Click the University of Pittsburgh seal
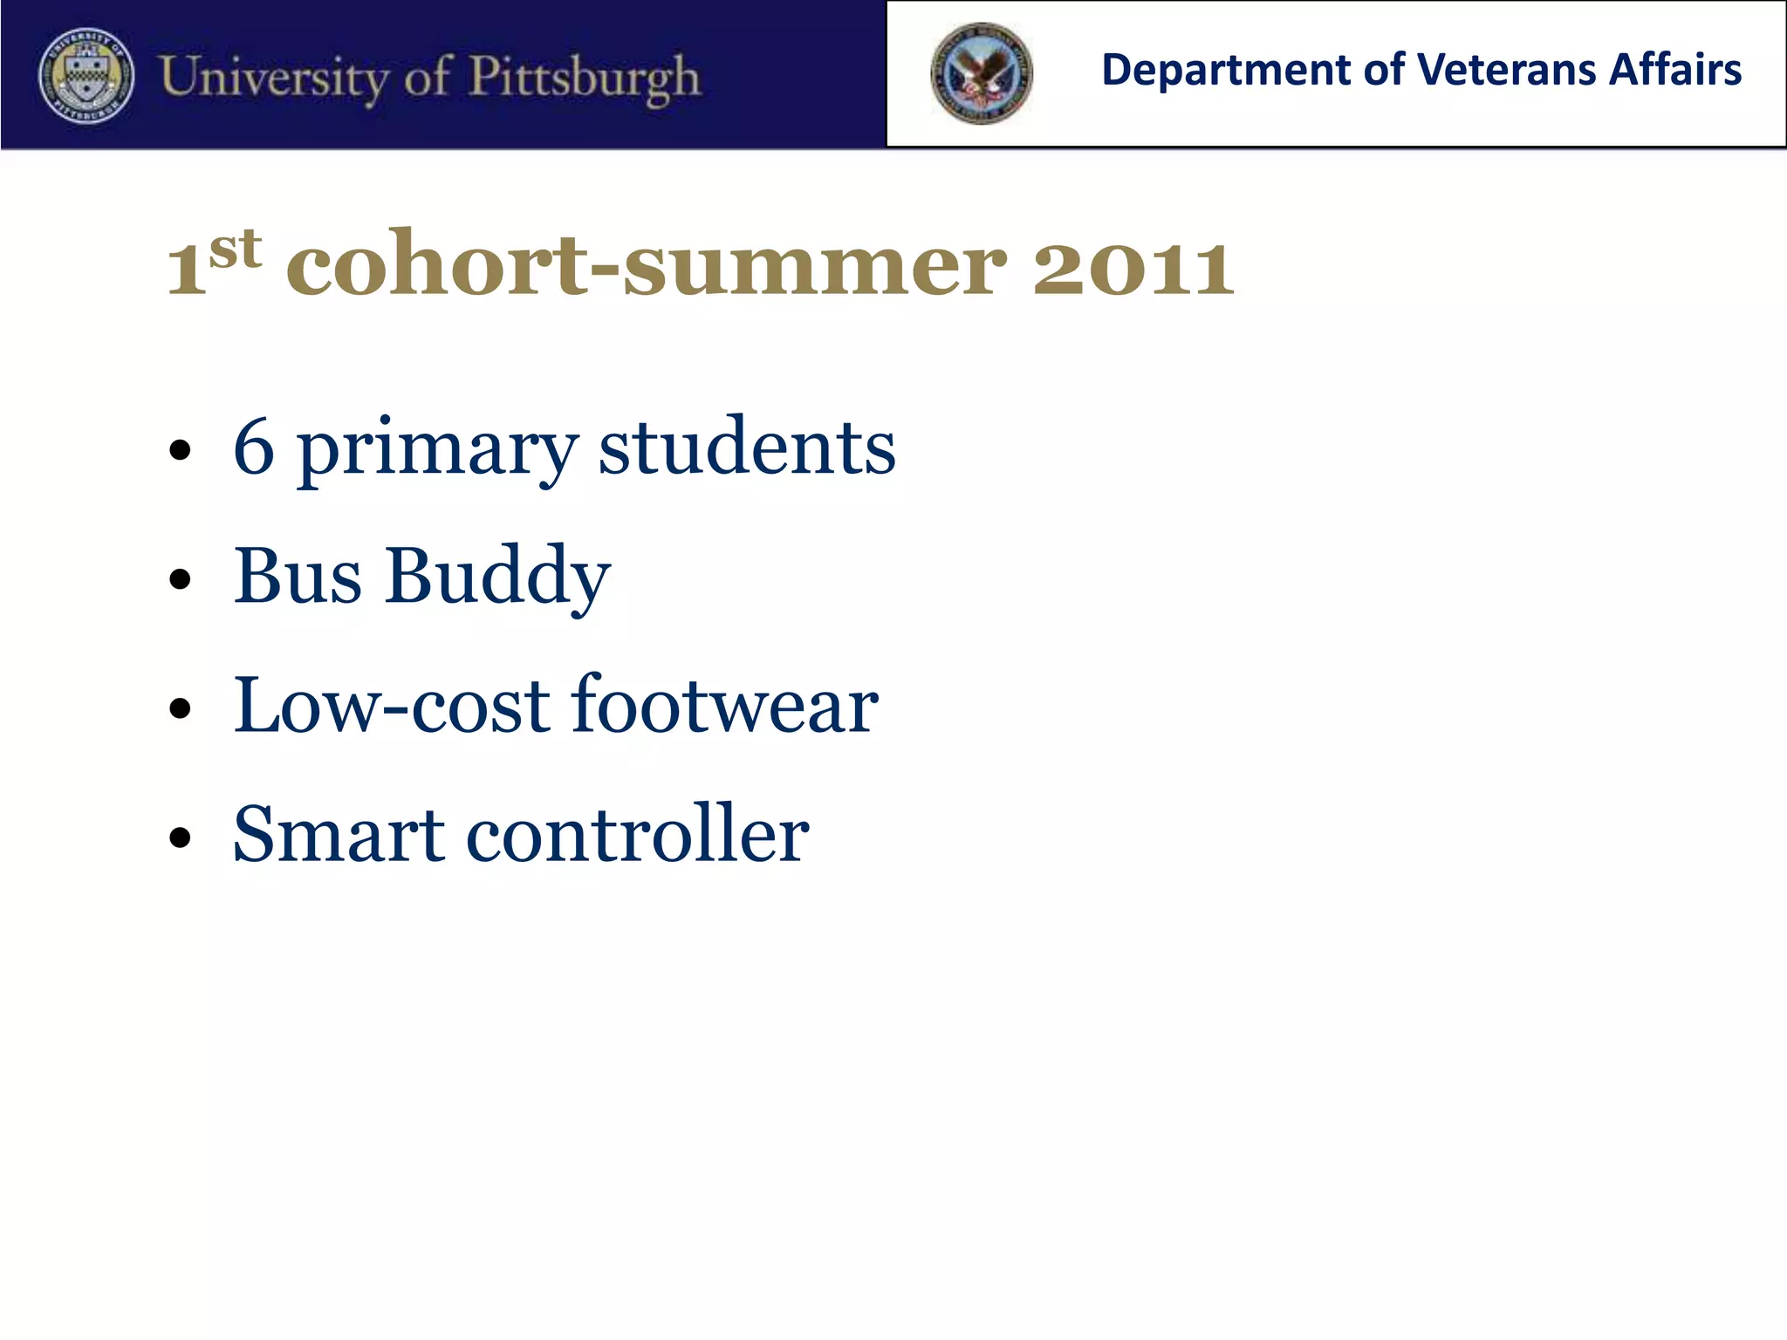coord(86,75)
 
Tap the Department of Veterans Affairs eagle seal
coord(982,73)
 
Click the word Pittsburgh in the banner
coord(585,77)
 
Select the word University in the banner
coord(272,77)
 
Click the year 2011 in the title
coord(1133,267)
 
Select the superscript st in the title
coord(236,250)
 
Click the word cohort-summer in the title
coord(647,265)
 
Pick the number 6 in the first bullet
coord(254,447)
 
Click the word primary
coord(437,450)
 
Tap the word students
coord(747,447)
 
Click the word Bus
coord(298,576)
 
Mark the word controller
coord(638,834)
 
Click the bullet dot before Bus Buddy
coord(181,579)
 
